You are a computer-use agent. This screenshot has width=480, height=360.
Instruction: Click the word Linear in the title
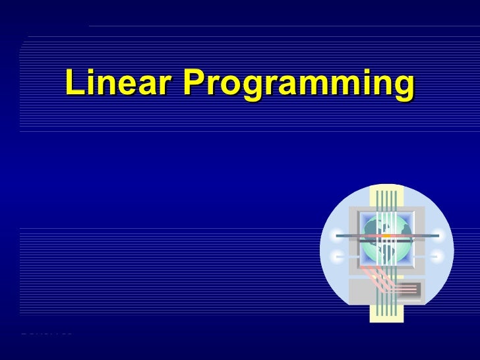coord(119,83)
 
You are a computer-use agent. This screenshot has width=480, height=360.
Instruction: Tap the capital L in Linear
coord(74,83)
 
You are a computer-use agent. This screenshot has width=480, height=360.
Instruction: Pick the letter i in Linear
coord(91,82)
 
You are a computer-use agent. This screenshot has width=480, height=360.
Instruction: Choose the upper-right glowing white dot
coord(438,235)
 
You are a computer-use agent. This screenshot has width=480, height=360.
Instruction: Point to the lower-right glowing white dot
coord(438,256)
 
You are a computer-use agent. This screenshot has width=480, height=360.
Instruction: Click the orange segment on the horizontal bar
coord(386,235)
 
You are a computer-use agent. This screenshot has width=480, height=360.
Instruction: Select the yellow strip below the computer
coord(386,313)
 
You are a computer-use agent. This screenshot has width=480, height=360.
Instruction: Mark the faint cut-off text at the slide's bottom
coord(46,333)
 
